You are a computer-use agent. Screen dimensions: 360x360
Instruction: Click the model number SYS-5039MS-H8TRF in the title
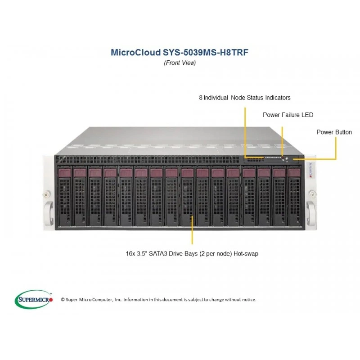click(206, 52)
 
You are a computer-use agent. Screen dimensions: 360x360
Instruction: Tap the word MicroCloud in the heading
click(136, 52)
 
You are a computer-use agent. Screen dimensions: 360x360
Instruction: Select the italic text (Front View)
click(180, 63)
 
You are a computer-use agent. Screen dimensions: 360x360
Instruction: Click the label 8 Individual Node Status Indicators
click(245, 98)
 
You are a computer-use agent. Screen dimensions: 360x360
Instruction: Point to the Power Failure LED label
click(288, 115)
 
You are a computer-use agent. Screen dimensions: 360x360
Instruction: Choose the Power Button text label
click(334, 132)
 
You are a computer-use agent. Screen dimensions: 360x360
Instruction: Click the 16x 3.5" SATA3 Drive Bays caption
click(192, 254)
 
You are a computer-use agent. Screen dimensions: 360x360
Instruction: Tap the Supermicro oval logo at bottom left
click(34, 299)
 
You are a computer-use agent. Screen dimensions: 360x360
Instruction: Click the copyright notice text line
click(158, 300)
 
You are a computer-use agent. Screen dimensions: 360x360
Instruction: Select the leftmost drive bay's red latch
click(65, 173)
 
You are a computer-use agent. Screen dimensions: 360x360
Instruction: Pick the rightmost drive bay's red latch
click(294, 173)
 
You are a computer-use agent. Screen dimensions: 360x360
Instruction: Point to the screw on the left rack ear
click(47, 194)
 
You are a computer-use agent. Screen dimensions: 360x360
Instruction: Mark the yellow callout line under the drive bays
click(192, 229)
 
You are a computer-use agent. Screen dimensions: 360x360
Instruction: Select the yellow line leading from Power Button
click(336, 149)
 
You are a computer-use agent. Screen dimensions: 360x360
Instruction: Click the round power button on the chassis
click(287, 158)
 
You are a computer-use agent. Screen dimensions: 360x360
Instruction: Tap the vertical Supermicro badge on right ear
click(310, 170)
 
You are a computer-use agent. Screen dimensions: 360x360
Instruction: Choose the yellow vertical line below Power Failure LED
click(282, 141)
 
